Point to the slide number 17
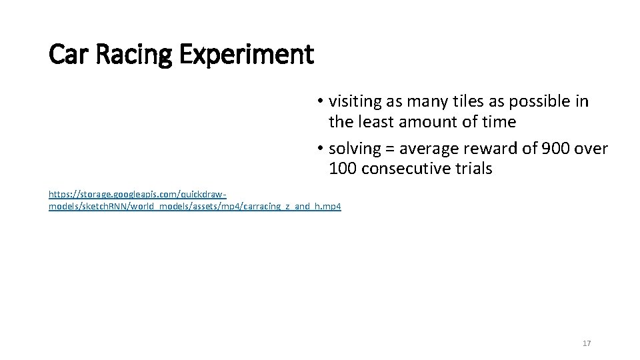click(x=587, y=343)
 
